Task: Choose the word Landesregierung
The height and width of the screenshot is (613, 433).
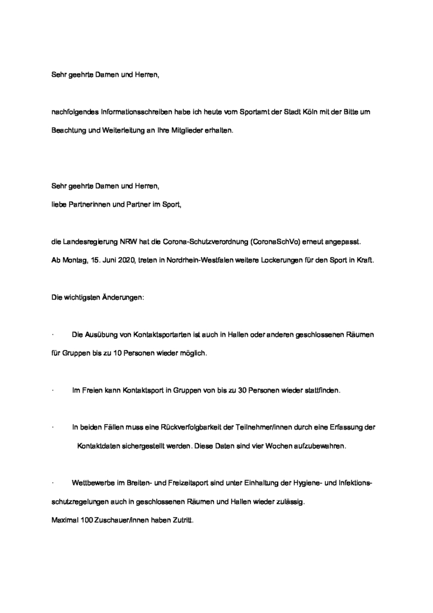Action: click(x=90, y=243)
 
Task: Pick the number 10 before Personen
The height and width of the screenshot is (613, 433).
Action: click(x=116, y=353)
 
